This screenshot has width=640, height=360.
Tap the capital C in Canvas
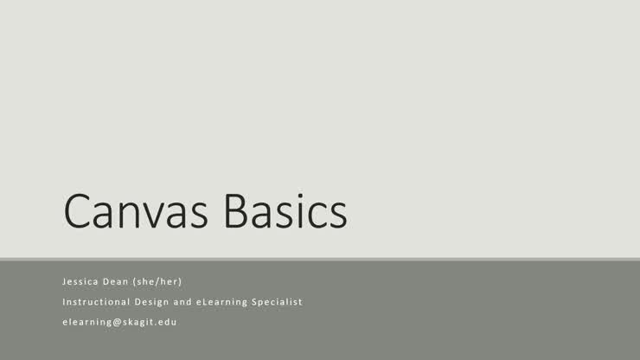(79, 210)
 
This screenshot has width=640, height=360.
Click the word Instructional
(95, 302)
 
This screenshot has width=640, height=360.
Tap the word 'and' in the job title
(195, 302)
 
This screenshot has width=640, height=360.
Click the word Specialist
(278, 302)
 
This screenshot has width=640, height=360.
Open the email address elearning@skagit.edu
(119, 322)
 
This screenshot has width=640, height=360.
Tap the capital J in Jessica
(64, 281)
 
